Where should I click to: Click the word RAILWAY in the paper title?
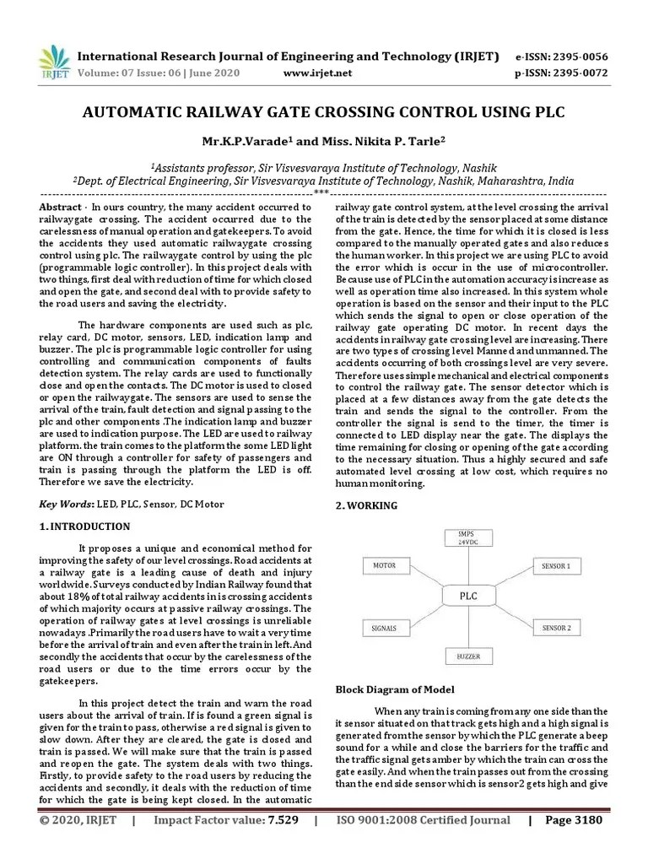pyautogui.click(x=214, y=112)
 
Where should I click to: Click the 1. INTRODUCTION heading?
pyautogui.click(x=85, y=526)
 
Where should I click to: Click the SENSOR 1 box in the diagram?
pyautogui.click(x=555, y=565)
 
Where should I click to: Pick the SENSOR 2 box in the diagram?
pyautogui.click(x=555, y=629)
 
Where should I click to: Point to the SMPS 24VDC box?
pyautogui.click(x=467, y=537)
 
